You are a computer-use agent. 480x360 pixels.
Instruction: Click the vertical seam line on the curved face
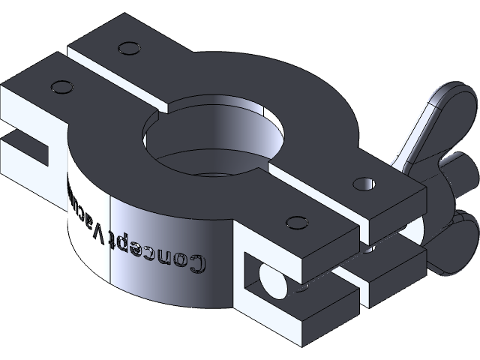[111, 240]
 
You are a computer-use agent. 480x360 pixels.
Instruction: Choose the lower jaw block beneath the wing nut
[390, 277]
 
